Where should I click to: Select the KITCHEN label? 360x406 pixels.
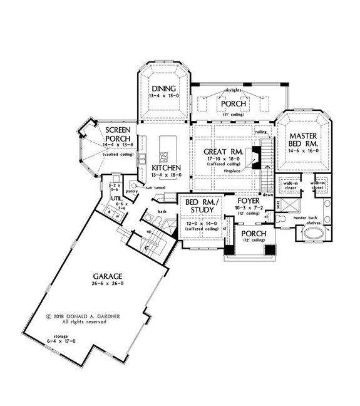[x=167, y=168]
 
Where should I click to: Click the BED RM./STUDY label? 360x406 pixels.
[x=199, y=204]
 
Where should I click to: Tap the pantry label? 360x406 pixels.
[x=131, y=191]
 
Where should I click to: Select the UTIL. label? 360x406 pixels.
[x=116, y=200]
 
